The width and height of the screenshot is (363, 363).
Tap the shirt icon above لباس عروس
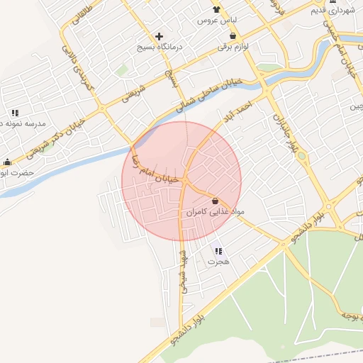pos(216,9)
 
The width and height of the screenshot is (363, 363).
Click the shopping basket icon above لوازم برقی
pos(233,36)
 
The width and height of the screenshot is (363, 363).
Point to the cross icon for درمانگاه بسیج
pos(159,35)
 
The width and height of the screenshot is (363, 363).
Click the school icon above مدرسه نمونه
pos(14,113)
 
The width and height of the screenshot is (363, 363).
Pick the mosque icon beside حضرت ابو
pos(7,162)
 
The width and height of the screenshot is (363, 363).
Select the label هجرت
pos(218,262)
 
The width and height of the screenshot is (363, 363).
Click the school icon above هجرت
pos(218,251)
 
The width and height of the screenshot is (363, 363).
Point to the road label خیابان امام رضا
pos(160,172)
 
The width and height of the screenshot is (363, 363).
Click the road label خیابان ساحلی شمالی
pos(211,95)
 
